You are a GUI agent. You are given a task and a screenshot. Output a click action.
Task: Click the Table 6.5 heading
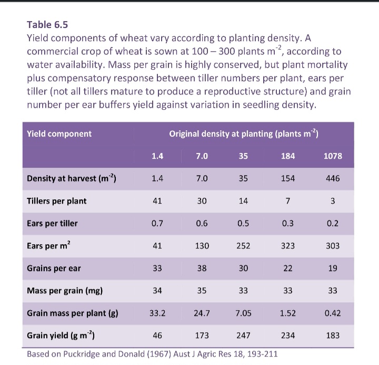[x=47, y=25]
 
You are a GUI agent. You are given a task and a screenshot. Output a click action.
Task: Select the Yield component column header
[x=59, y=134]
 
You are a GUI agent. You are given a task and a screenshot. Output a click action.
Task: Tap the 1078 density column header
[x=333, y=156]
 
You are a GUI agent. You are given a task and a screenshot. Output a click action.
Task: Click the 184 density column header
[x=288, y=156]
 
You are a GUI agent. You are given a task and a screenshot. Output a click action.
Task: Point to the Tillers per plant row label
[x=56, y=201]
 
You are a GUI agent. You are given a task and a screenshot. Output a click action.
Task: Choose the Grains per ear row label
[x=54, y=268]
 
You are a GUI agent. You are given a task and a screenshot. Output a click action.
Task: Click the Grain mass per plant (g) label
[x=73, y=313]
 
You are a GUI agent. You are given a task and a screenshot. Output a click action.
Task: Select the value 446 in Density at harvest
[x=333, y=178]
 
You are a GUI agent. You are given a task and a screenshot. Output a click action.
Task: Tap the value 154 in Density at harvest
[x=288, y=178]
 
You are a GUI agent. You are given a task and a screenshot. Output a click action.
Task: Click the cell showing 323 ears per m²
[x=288, y=246]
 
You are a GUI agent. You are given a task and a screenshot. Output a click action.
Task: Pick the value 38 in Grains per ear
[x=202, y=268]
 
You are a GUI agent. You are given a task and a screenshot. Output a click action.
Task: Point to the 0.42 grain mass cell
[x=333, y=313]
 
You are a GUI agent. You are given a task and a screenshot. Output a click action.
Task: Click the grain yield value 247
[x=243, y=335]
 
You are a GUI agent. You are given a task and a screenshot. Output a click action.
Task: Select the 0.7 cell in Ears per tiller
[x=157, y=223]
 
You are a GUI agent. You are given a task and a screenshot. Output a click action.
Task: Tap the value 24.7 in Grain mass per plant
[x=202, y=313]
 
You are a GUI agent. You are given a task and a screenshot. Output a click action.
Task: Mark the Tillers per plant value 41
[x=157, y=201]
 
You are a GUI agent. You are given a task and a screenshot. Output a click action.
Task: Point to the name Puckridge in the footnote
[x=81, y=354]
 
